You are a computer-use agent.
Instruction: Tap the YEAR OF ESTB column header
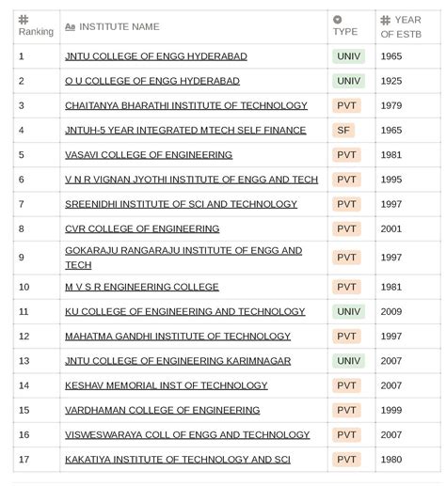coord(401,26)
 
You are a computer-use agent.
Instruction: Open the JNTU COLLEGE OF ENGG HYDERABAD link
coord(156,56)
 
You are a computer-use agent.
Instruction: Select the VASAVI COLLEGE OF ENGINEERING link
coord(149,155)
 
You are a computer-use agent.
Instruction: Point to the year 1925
coord(391,81)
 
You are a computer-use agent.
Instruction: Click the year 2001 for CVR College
coord(391,228)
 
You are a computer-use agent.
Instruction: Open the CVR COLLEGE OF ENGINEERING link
coord(142,228)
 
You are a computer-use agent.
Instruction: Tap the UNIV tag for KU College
coord(348,312)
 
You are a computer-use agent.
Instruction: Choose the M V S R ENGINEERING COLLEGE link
coord(142,288)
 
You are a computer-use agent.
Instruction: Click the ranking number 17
coord(24,460)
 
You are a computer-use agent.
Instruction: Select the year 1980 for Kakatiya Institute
coord(391,460)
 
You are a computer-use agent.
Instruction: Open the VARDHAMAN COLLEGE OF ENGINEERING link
coord(162,410)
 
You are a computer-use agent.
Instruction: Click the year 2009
coord(391,312)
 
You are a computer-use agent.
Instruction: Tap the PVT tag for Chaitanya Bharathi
coord(346,106)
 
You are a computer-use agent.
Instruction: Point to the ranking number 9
coord(21,258)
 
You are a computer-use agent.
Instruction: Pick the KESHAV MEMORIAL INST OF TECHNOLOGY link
coord(167,385)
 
